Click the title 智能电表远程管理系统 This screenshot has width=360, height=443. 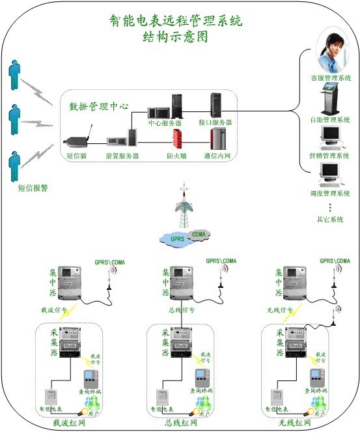point(176,20)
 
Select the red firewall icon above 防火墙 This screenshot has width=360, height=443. point(177,139)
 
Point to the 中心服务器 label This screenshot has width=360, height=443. point(165,122)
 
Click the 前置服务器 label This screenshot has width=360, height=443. point(122,156)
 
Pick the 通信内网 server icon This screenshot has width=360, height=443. point(218,139)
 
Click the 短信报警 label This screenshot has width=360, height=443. point(33,188)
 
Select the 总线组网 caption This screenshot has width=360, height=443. point(180,423)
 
